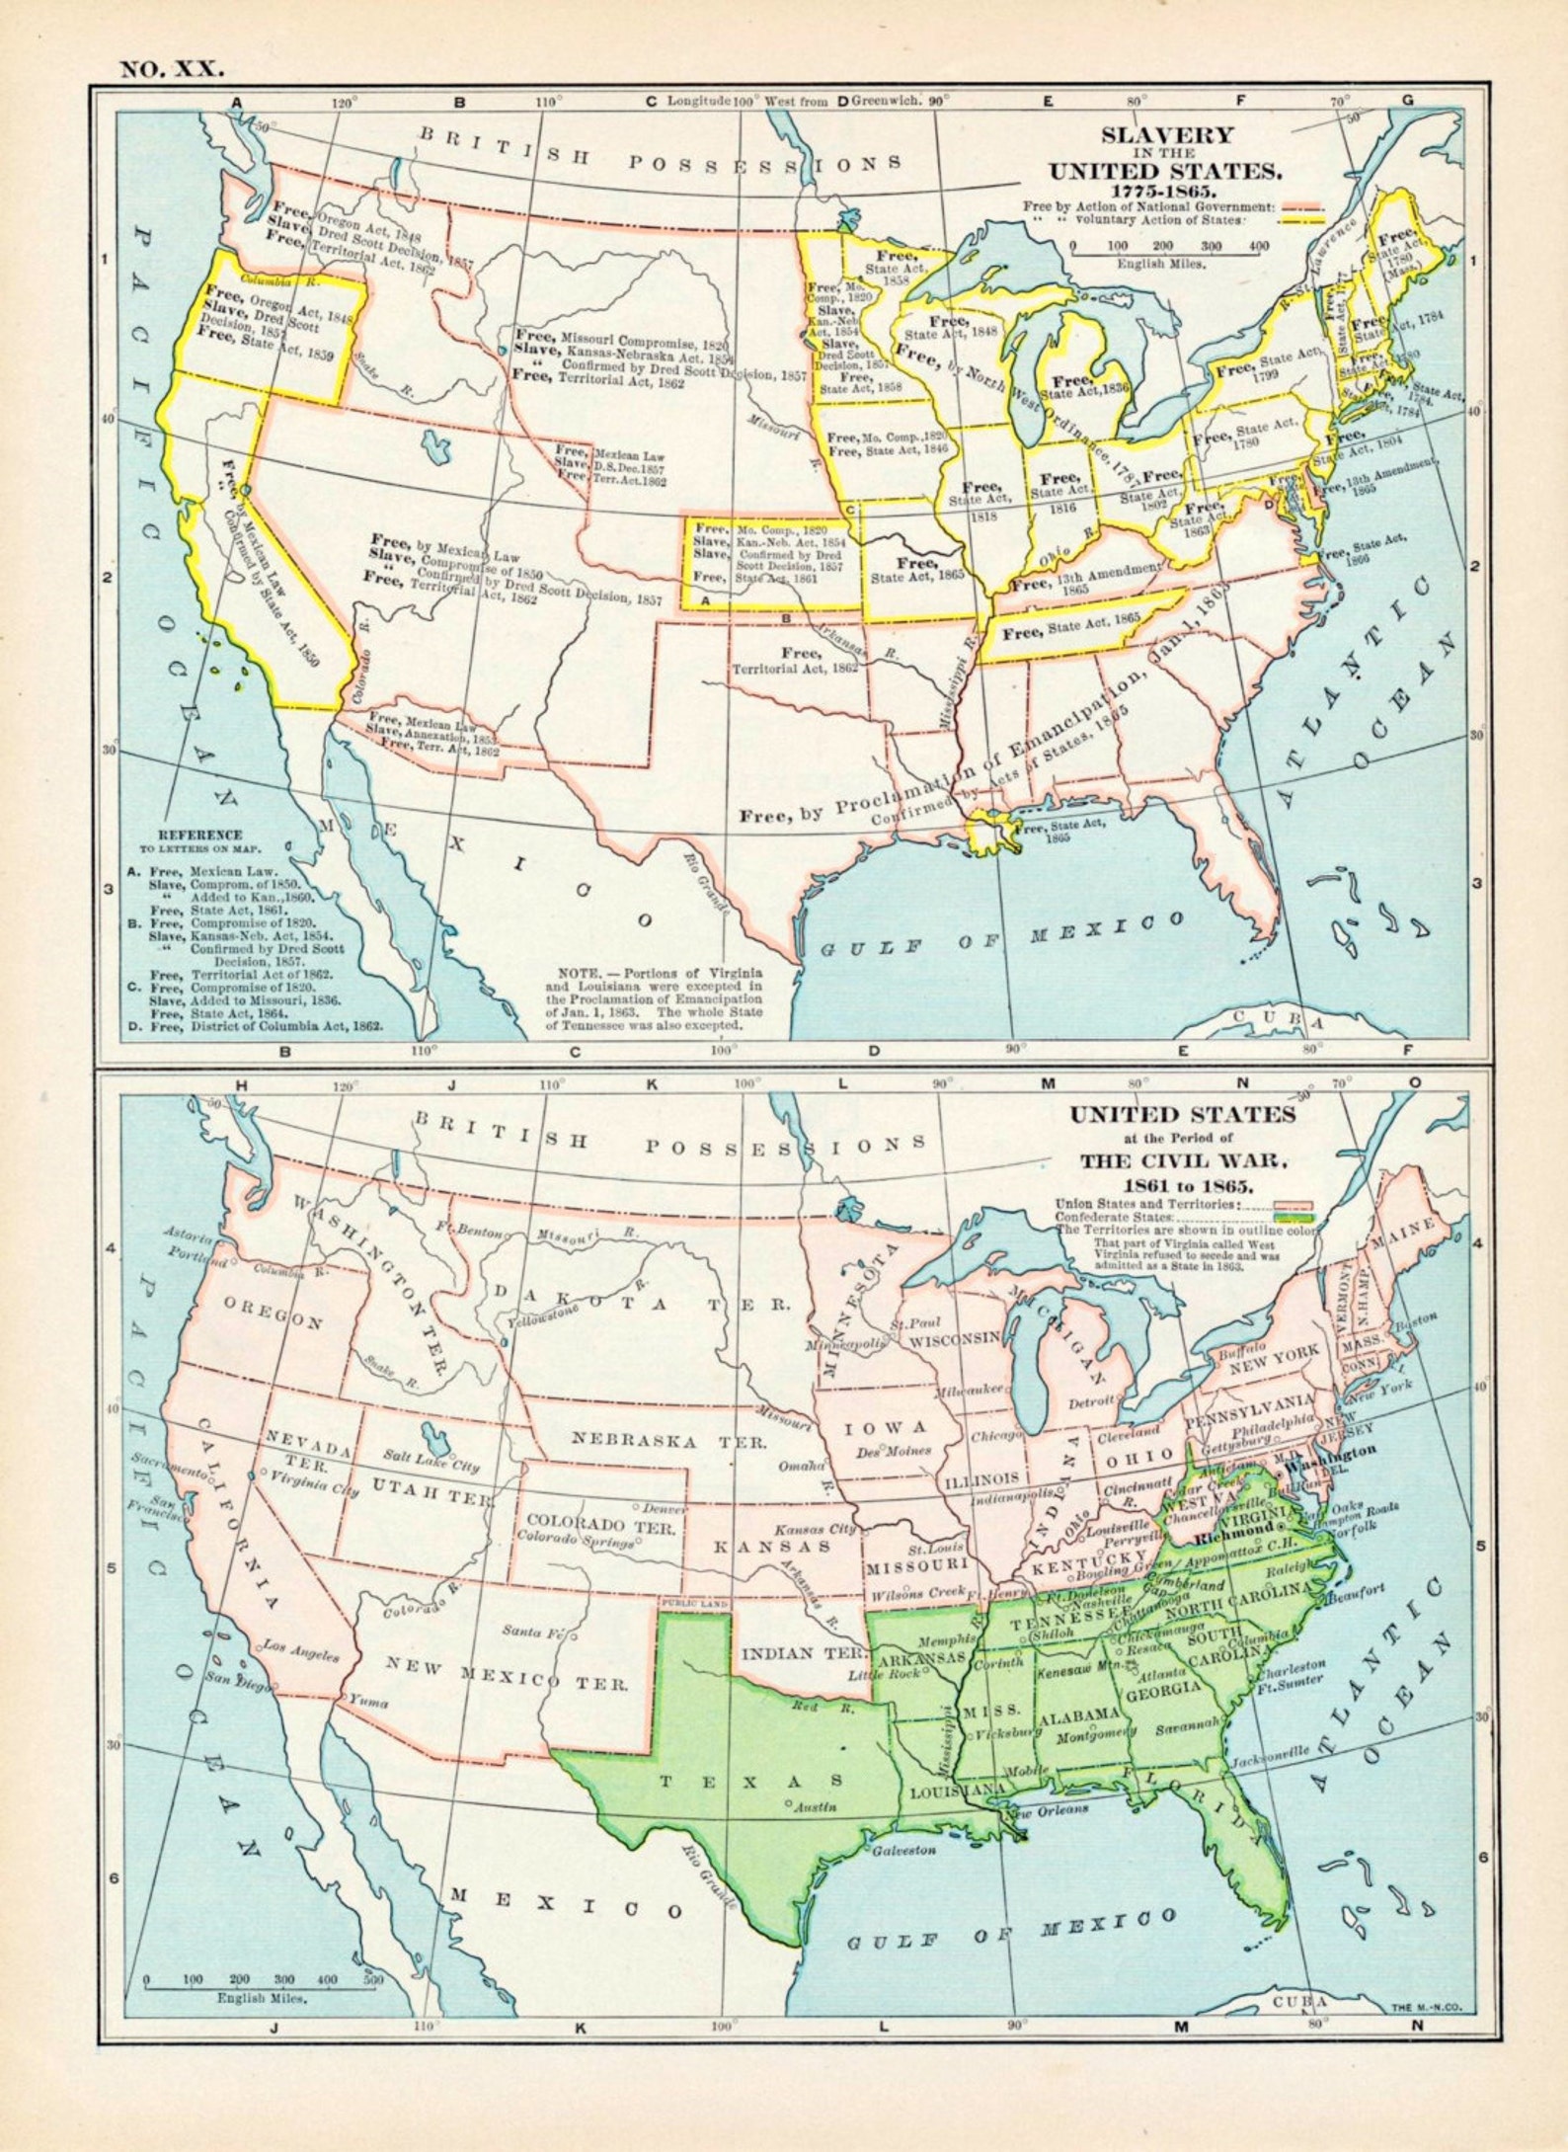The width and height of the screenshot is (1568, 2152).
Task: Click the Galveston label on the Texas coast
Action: tap(902, 1850)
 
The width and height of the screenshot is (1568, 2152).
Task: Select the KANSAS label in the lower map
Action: tap(772, 1547)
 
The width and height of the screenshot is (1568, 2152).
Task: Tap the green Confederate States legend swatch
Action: tap(1294, 1218)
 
